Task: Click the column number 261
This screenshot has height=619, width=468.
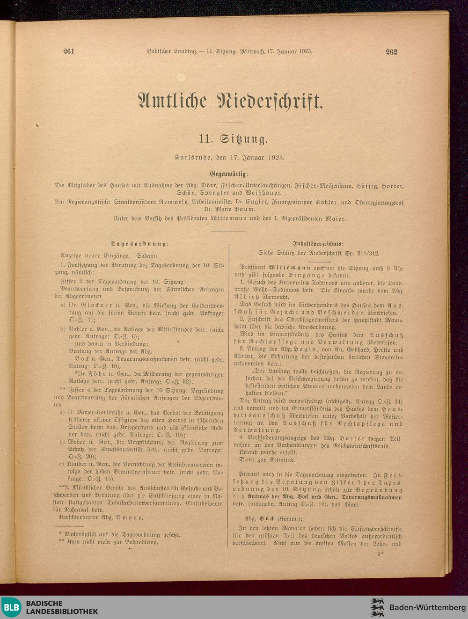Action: point(69,51)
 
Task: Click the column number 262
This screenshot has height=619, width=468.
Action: point(391,52)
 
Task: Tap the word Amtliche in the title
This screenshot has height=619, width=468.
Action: point(173,101)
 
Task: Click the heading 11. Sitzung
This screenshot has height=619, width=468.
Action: point(234,139)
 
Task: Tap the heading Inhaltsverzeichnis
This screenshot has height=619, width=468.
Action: point(318,244)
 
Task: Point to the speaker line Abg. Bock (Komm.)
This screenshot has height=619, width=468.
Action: point(274,518)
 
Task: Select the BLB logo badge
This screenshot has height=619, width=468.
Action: point(12,607)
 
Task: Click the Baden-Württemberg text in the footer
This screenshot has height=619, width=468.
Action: point(427,607)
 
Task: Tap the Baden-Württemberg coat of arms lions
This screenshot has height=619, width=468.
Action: point(377,607)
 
